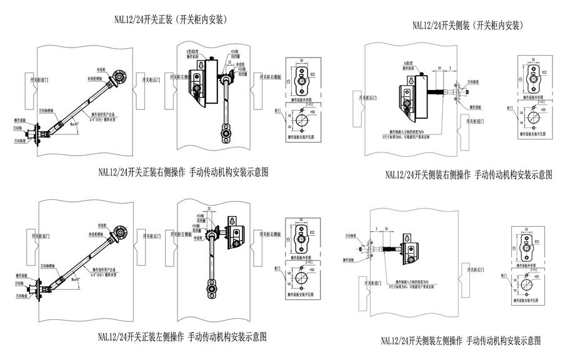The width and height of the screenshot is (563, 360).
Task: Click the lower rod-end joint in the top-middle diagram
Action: coord(225,132)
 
